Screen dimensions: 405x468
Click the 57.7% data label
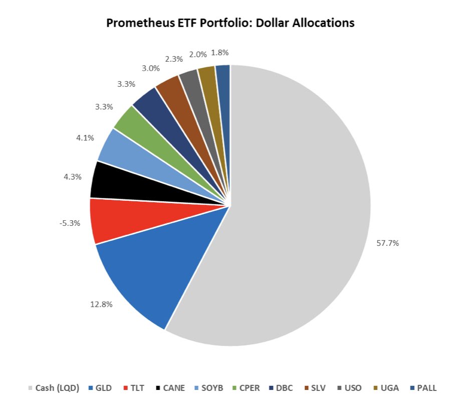(388, 243)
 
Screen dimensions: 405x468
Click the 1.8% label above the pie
(221, 52)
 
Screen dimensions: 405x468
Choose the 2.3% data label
(173, 59)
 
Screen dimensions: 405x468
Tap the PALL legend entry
(426, 387)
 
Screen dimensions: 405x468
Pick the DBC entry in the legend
(284, 387)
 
